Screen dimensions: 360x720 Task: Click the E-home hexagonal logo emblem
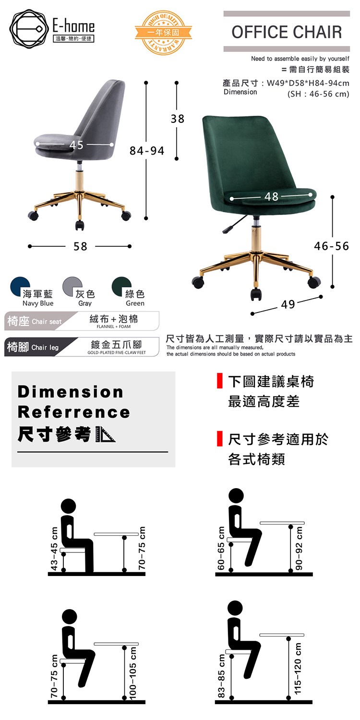[x=29, y=29]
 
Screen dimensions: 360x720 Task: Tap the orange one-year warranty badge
[x=163, y=33]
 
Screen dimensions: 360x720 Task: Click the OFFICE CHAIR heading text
[x=287, y=32]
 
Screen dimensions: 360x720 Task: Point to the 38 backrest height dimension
[x=178, y=119]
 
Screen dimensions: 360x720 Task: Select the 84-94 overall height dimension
[x=147, y=150]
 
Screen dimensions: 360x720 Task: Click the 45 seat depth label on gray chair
[x=76, y=145]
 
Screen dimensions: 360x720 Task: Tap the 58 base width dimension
[x=80, y=247]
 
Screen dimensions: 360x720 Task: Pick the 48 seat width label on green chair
[x=272, y=196]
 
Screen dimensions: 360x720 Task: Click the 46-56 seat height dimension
[x=331, y=246]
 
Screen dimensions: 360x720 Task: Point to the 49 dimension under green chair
[x=288, y=304]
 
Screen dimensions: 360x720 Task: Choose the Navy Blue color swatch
[x=20, y=287]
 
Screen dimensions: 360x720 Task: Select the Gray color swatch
[x=72, y=287]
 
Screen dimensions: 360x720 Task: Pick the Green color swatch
[x=121, y=287]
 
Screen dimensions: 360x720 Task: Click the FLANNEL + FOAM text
[x=114, y=326]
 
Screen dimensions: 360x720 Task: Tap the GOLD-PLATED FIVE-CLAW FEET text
[x=117, y=353]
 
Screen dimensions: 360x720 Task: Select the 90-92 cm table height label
[x=299, y=548]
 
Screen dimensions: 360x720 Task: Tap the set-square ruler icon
[x=106, y=434]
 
